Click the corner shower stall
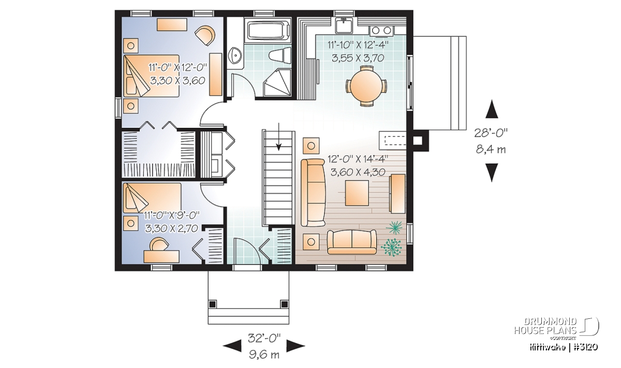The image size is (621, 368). coord(277,83)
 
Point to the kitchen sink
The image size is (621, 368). coord(344,25)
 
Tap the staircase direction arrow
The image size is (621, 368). coord(278,137)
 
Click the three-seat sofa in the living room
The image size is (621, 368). coord(313,193)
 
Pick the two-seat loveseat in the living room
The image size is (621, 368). coord(352,242)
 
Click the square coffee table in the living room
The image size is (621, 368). coord(357,193)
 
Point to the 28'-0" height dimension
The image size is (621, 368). coord(491,133)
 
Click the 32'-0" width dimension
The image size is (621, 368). coord(264,338)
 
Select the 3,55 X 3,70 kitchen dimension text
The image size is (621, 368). coord(358,58)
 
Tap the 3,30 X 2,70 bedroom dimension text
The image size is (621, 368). coord(172,228)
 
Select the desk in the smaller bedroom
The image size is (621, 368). coord(161,256)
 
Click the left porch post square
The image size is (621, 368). coord(212,304)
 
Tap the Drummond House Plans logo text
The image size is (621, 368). coord(545,326)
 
